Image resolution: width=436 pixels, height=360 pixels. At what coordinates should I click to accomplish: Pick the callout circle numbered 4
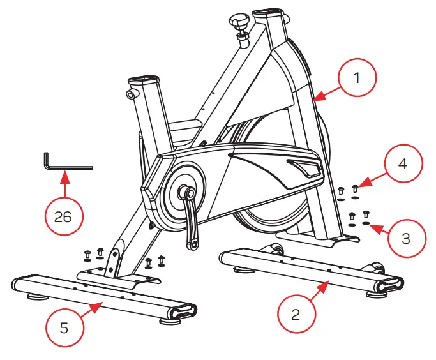401,163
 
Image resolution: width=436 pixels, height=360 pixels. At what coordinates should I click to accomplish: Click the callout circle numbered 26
63,217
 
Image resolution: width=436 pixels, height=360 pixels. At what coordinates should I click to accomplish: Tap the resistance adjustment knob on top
241,25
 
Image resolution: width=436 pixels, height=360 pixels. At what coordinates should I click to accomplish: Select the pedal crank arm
189,217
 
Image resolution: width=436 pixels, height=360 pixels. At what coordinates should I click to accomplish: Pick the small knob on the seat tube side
131,94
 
